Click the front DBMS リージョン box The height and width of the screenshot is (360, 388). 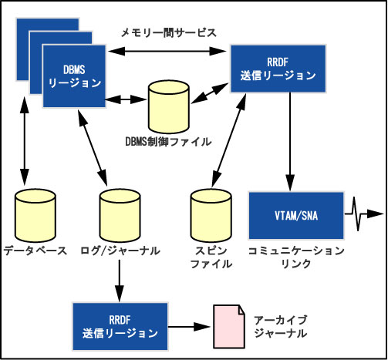tap(74, 76)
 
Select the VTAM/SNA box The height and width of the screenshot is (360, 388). tap(296, 216)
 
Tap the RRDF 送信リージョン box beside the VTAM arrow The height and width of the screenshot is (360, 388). tap(278, 69)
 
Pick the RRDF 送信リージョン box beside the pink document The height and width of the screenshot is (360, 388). tap(120, 327)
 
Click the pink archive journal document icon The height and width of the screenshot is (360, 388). tap(229, 327)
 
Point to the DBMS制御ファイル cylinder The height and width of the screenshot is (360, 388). tap(169, 107)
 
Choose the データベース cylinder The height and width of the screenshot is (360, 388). tap(35, 216)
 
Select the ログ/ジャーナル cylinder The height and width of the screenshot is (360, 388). tap(120, 216)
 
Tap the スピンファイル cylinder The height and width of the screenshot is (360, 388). tap(211, 216)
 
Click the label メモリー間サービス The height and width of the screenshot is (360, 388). tap(169, 33)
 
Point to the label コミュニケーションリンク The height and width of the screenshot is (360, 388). tap(296, 257)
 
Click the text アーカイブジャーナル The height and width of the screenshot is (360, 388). tap(281, 327)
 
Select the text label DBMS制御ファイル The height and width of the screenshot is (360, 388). tap(168, 142)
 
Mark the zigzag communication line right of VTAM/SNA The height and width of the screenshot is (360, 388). tap(364, 214)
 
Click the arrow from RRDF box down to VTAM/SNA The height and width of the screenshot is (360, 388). tap(290, 142)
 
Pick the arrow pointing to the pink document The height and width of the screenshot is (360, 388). tap(190, 327)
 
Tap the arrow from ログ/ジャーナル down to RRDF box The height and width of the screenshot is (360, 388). tap(120, 281)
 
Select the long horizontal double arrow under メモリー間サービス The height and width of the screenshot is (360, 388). tap(167, 52)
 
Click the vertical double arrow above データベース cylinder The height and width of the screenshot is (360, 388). tap(25, 141)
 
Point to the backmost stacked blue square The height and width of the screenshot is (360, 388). tap(48, 49)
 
